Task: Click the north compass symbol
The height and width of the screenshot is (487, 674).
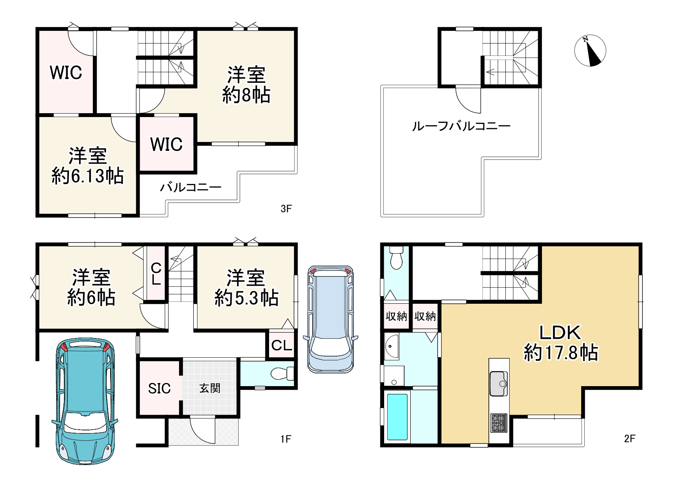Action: click(x=590, y=50)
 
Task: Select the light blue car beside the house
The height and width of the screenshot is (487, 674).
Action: click(x=331, y=319)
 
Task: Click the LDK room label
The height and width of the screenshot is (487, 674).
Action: click(x=560, y=332)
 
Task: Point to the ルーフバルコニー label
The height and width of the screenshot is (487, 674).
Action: click(x=461, y=126)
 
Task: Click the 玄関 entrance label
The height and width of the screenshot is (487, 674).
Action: click(x=210, y=388)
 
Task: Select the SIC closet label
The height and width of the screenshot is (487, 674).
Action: click(x=159, y=388)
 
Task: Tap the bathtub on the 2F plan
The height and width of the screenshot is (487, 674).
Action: click(x=397, y=417)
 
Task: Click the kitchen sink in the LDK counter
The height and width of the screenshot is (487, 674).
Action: click(x=499, y=383)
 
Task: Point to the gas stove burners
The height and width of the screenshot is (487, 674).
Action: click(x=499, y=423)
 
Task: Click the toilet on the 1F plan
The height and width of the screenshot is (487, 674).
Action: click(x=283, y=373)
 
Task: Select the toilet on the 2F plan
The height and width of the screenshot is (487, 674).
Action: click(x=396, y=258)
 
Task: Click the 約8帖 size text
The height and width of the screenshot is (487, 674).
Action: click(x=246, y=95)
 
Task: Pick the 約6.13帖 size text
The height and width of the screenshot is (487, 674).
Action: click(x=88, y=176)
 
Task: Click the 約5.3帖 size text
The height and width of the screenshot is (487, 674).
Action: click(x=246, y=298)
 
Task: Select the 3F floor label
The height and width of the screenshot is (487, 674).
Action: click(x=286, y=209)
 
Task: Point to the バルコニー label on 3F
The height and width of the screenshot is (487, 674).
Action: click(x=191, y=187)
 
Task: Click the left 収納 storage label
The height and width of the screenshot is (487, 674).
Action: click(x=396, y=316)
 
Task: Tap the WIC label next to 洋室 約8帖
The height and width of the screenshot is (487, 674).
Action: click(x=167, y=144)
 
